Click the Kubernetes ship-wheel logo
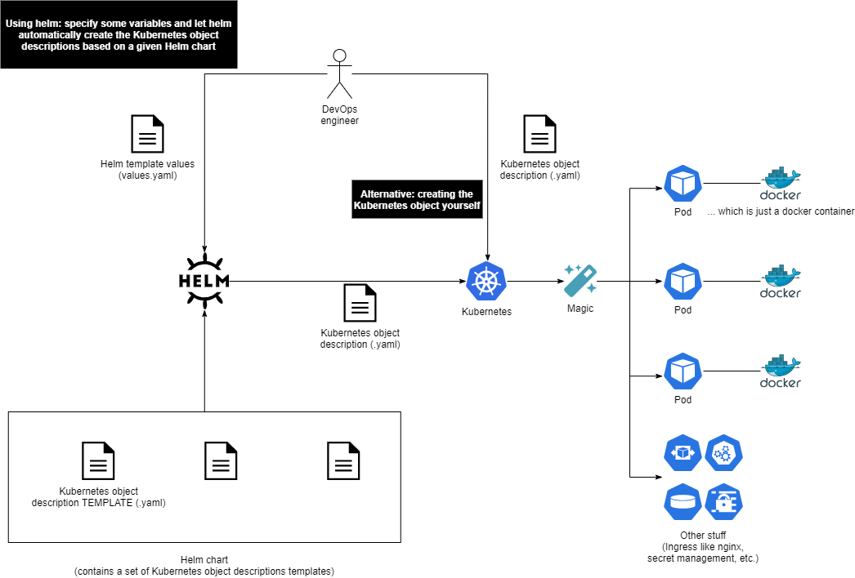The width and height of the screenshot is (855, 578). pyautogui.click(x=486, y=282)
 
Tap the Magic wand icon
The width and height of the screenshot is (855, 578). pyautogui.click(x=580, y=280)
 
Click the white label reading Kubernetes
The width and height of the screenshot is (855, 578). pyautogui.click(x=486, y=312)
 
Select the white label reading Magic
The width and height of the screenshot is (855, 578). pyautogui.click(x=580, y=309)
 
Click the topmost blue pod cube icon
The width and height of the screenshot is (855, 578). pyautogui.click(x=683, y=184)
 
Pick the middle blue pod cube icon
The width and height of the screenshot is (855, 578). pyautogui.click(x=683, y=282)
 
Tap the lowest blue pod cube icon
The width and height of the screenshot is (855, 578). pyautogui.click(x=683, y=371)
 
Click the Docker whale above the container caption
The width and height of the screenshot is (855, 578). pyautogui.click(x=781, y=184)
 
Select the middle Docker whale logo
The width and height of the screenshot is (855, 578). pyautogui.click(x=781, y=282)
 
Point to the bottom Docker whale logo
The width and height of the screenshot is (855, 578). pyautogui.click(x=781, y=371)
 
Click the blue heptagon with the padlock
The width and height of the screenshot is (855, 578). pyautogui.click(x=724, y=502)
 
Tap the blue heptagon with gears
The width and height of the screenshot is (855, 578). pyautogui.click(x=724, y=453)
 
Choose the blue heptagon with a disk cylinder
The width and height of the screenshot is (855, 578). pyautogui.click(x=683, y=502)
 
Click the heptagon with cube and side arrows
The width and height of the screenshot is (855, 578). pyautogui.click(x=683, y=453)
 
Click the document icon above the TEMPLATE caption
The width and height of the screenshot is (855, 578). pyautogui.click(x=98, y=460)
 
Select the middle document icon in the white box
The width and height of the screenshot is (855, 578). pyautogui.click(x=221, y=460)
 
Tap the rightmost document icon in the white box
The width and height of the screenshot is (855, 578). pyautogui.click(x=343, y=460)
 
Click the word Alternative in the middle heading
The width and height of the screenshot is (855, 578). pyautogui.click(x=387, y=194)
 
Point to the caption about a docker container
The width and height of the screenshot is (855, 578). pyautogui.click(x=781, y=211)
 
